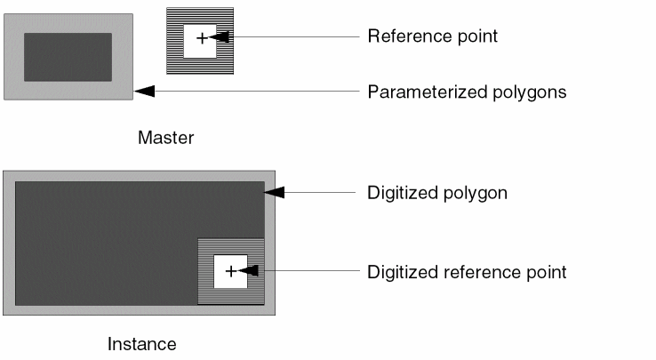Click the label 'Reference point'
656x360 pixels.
pos(432,36)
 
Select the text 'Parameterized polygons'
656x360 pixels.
pos(467,92)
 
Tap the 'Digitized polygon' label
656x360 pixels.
pos(436,192)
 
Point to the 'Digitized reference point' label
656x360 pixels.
pos(466,271)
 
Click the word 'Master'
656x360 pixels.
pos(165,138)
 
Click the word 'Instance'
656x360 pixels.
pos(142,344)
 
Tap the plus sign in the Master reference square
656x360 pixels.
pos(201,37)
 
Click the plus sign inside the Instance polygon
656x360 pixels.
pos(230,271)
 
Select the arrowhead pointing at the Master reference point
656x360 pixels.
pos(221,37)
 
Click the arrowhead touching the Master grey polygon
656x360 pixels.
pos(144,91)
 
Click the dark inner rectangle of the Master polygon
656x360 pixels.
pos(68,57)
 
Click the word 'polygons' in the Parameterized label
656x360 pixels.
pos(531,92)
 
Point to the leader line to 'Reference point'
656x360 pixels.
pos(293,37)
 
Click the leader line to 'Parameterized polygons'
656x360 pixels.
pos(258,91)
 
